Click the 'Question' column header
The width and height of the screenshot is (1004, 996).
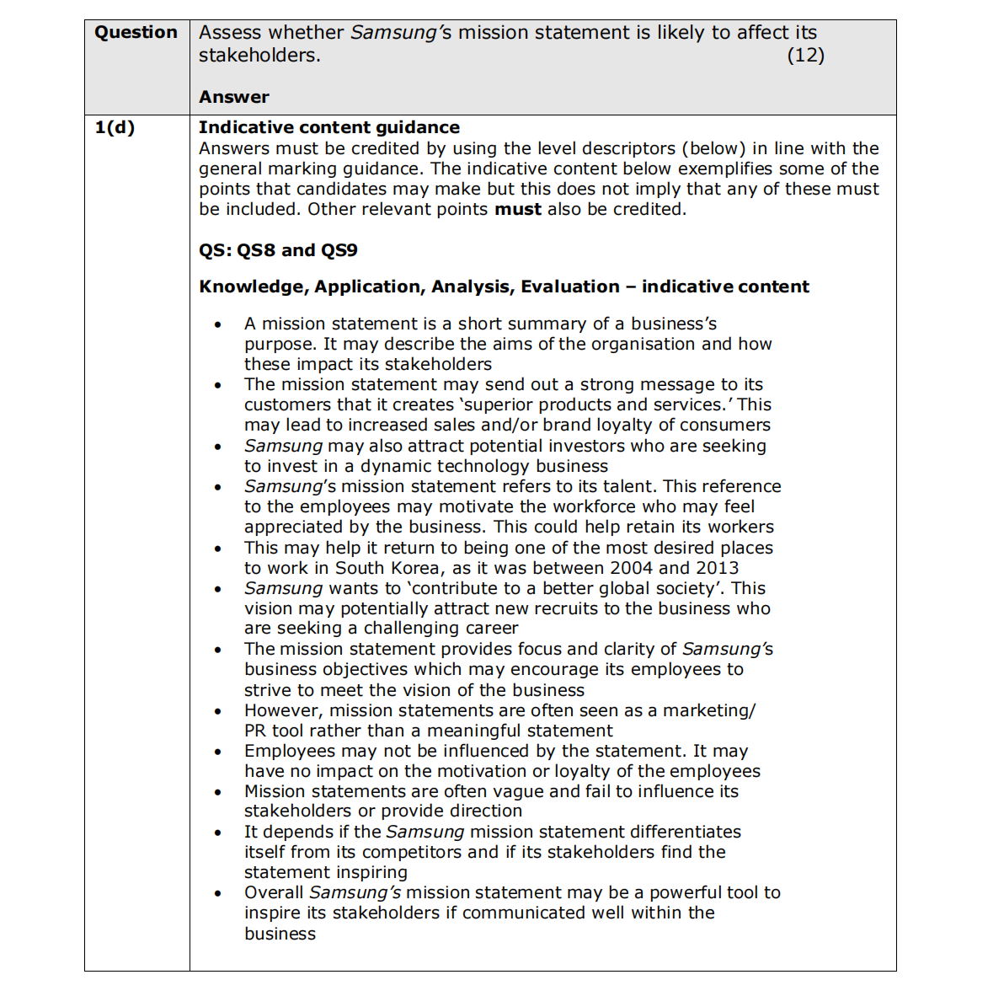tap(136, 33)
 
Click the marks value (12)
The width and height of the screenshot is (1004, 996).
tap(805, 56)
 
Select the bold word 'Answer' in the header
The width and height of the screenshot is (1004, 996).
tap(234, 97)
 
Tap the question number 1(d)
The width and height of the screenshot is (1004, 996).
tap(115, 128)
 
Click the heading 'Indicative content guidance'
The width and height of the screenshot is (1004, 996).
tap(329, 127)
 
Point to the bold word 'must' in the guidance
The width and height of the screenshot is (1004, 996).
tap(517, 209)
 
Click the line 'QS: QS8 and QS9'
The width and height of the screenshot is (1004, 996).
tap(278, 250)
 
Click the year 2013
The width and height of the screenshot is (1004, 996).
tap(718, 568)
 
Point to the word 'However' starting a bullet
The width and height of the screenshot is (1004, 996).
tap(281, 710)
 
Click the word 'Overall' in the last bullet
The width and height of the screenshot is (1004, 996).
tap(274, 892)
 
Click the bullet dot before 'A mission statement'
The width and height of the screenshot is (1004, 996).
tap(218, 324)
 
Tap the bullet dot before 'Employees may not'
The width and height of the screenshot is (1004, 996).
tap(218, 752)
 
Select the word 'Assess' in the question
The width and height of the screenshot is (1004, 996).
tap(229, 33)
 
